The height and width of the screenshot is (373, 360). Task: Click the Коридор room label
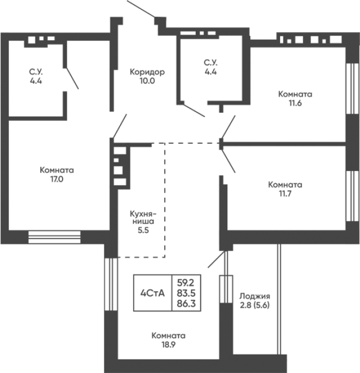coord(147,71)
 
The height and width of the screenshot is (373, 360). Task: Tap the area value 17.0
coord(57,179)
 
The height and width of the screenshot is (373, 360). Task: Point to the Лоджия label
coord(255,296)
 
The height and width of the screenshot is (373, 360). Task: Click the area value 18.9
coord(169,345)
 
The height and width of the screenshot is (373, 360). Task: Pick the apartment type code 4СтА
coord(153,293)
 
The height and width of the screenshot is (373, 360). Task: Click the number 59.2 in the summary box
coord(186,283)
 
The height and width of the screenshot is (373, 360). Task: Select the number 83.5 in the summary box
coord(186,293)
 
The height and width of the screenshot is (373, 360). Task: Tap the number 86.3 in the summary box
coord(186,303)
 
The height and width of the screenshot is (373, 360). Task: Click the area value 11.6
coord(295,103)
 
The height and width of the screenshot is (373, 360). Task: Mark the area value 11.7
coord(285,194)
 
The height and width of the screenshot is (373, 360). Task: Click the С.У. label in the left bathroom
coord(36,71)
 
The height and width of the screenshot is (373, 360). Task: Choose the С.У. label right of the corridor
coord(210,63)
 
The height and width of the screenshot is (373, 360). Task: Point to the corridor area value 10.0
coord(147,81)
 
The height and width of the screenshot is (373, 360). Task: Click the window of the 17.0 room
coord(54,237)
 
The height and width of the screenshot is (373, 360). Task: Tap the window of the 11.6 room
coord(352,89)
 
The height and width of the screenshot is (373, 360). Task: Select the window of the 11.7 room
coord(352,196)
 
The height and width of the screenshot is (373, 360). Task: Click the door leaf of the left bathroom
coord(72,78)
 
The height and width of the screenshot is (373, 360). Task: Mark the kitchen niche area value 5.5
coord(143,230)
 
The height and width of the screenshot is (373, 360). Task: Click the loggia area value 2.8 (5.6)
coord(255,305)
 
